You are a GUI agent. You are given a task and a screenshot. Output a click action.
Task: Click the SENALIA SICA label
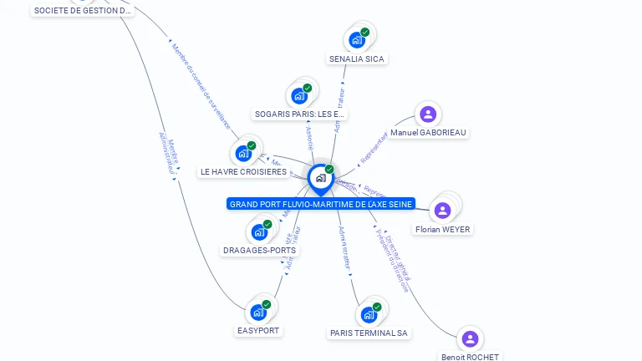click(x=357, y=59)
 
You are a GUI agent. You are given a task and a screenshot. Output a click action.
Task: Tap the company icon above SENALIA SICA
click(x=358, y=39)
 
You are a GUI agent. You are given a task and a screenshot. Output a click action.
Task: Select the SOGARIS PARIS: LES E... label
click(x=299, y=114)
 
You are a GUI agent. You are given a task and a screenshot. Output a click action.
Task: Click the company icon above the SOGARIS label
click(x=299, y=95)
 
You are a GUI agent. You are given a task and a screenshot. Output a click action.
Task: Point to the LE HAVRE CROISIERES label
click(x=243, y=172)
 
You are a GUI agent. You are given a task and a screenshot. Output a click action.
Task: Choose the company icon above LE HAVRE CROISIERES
click(x=244, y=153)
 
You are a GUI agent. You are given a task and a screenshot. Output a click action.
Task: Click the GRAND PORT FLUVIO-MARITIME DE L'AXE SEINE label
click(x=321, y=204)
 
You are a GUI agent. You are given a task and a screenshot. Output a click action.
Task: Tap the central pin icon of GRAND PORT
click(x=320, y=177)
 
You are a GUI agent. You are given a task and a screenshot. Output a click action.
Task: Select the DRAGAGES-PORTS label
click(x=259, y=250)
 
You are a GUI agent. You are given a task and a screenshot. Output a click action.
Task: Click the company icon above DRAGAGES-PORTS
click(x=260, y=231)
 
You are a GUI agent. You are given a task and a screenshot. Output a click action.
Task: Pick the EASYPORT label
click(x=258, y=330)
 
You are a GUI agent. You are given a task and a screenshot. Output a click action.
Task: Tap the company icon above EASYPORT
click(x=259, y=312)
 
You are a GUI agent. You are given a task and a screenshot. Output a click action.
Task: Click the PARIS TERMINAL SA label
click(x=369, y=333)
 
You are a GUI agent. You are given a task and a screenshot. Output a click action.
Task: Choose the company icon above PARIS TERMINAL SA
click(x=369, y=315)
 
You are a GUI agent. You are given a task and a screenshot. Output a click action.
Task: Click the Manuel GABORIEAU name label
click(x=429, y=132)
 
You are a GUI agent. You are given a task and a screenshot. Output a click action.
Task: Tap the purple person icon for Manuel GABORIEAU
click(x=428, y=114)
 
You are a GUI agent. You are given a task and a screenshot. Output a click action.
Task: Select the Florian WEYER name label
click(x=442, y=229)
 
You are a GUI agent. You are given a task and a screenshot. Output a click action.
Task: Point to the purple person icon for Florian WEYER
click(x=443, y=210)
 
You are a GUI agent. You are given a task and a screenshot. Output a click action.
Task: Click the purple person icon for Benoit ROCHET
click(x=470, y=338)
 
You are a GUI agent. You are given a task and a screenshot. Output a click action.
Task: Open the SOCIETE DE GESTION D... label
click(x=82, y=10)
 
